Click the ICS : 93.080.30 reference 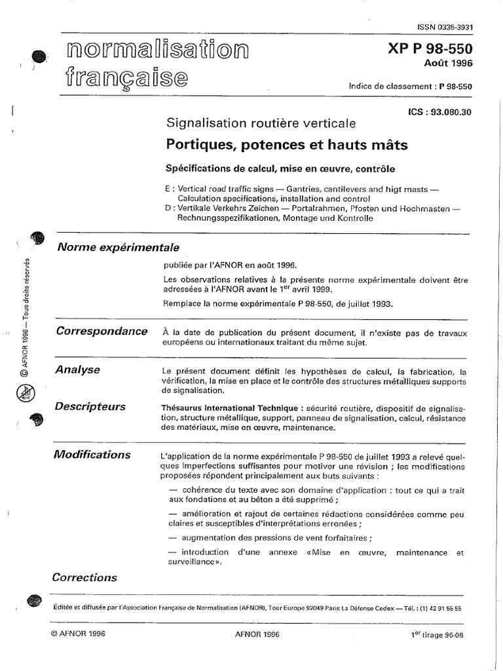coord(439,112)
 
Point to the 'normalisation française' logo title coord(157,64)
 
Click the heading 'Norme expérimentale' coord(118,247)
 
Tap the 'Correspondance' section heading coord(102,331)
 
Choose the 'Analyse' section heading coord(78,370)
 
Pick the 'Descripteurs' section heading coord(90,406)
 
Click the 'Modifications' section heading coord(93,454)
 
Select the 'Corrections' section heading coord(84,577)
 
